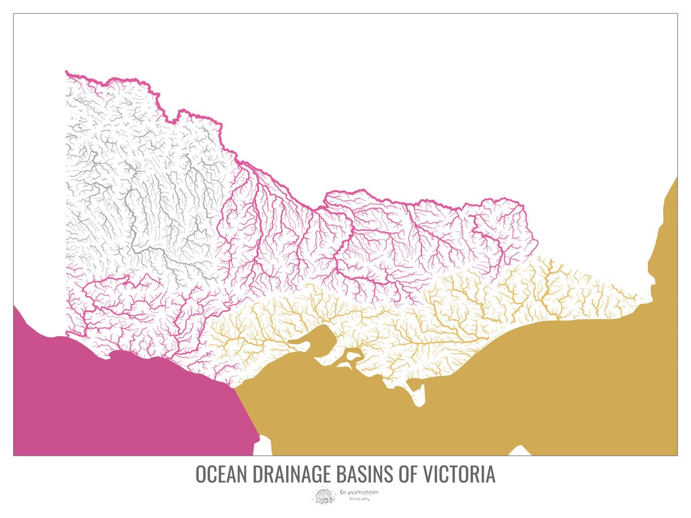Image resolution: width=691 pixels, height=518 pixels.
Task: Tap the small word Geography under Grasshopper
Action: coord(359,499)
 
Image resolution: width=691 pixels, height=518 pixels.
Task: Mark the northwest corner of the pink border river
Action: coord(67,72)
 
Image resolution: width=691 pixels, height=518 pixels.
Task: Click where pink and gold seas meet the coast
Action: coord(234,388)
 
